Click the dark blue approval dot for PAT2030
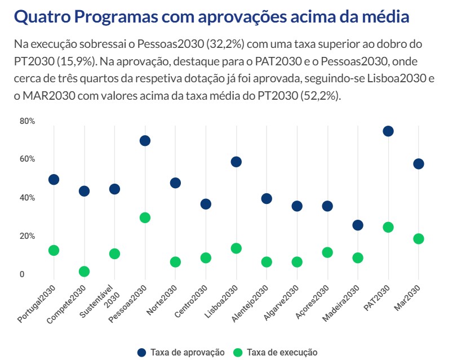click(x=388, y=131)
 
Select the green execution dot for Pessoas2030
click(x=145, y=218)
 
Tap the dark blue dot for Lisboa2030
click(x=236, y=162)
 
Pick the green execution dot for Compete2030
click(x=84, y=272)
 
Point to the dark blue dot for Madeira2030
click(x=357, y=225)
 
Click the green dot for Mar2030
click(x=418, y=239)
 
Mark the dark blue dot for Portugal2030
click(x=54, y=180)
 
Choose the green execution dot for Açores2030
click(x=327, y=252)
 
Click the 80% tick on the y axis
click(x=27, y=121)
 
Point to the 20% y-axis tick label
click(x=27, y=236)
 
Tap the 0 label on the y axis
click(x=23, y=274)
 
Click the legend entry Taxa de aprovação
click(x=181, y=352)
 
